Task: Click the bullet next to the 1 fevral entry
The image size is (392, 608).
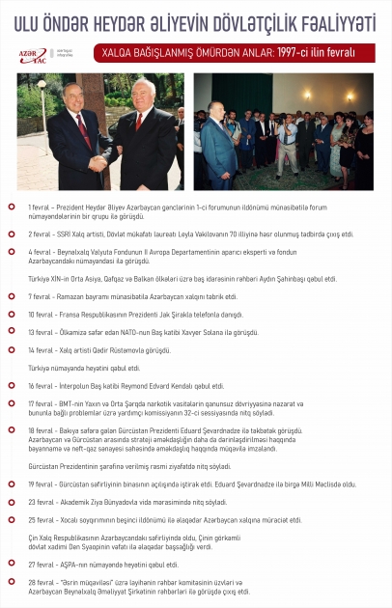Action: click(11, 207)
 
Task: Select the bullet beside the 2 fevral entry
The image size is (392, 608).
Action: click(11, 234)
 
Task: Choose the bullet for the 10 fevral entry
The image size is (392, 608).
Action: click(11, 315)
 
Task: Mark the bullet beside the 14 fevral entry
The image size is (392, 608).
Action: click(11, 348)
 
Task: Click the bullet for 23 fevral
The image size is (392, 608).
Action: click(11, 502)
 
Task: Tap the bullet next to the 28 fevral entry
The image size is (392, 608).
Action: click(11, 583)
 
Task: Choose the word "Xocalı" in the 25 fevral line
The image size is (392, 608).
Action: click(71, 519)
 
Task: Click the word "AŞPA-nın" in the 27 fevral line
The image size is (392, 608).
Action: click(70, 564)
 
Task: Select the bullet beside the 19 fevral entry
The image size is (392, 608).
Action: click(11, 484)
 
